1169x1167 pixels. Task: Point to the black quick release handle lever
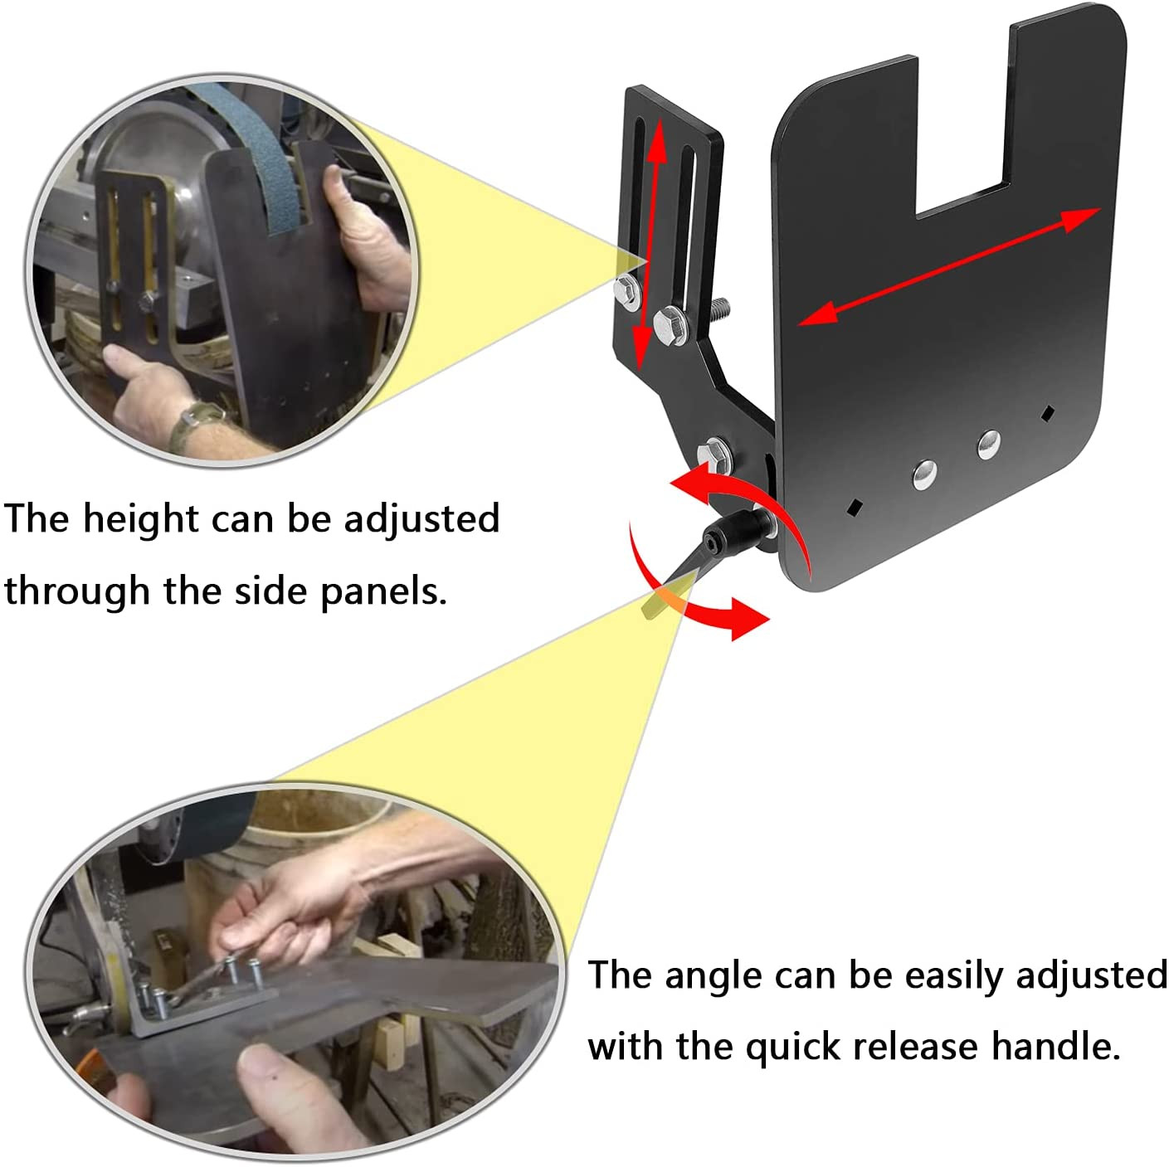tap(709, 552)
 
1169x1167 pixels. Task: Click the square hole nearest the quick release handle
tap(855, 507)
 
